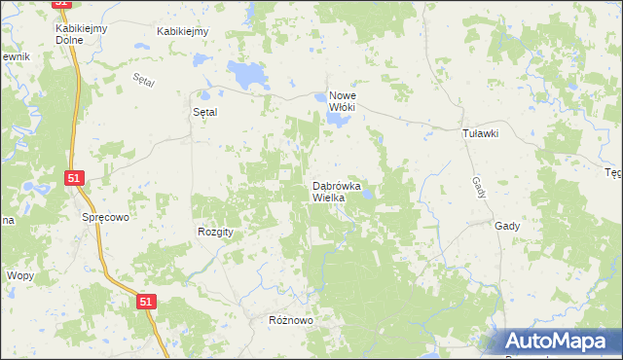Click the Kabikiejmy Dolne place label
[x=80, y=35]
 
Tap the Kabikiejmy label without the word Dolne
[x=183, y=31]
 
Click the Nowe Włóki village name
[x=349, y=101]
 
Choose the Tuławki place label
[x=480, y=135]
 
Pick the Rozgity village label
[x=216, y=232]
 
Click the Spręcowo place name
[x=105, y=218]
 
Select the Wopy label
[x=20, y=276]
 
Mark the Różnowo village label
[x=289, y=320]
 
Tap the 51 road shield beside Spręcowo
[x=75, y=178]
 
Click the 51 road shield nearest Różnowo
[x=145, y=303]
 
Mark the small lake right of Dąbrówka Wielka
[x=368, y=197]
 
